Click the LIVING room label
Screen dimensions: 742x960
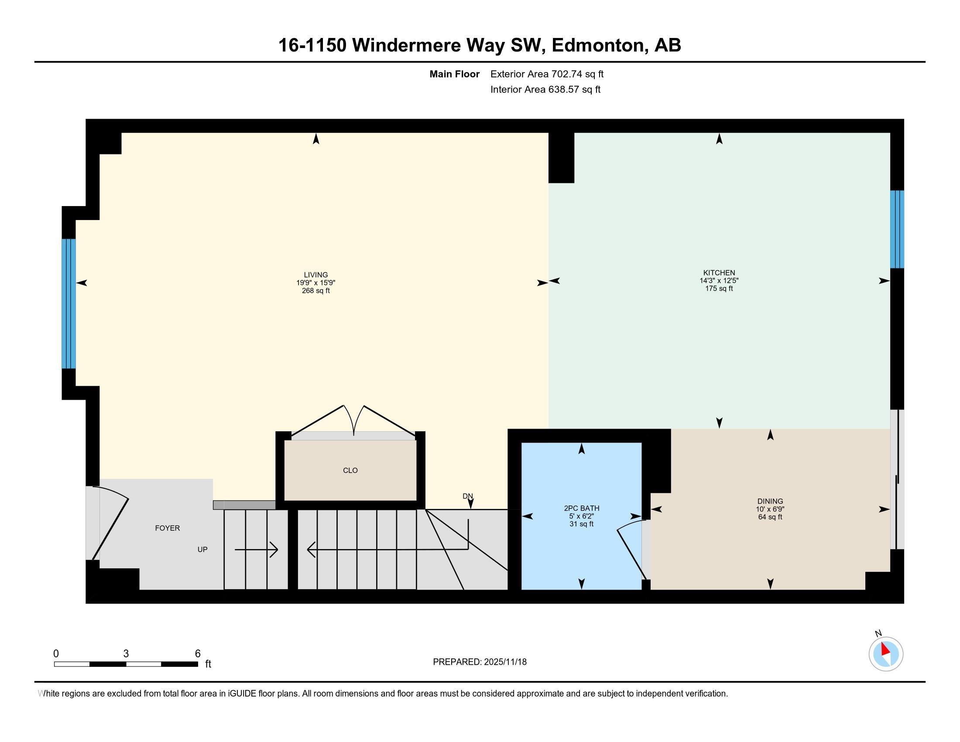click(315, 275)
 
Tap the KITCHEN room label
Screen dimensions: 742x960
click(719, 272)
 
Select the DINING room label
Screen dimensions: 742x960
click(770, 501)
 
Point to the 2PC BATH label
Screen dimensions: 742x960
click(581, 508)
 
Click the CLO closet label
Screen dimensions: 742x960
click(350, 471)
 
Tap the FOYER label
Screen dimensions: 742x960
click(167, 528)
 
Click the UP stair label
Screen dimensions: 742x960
click(202, 550)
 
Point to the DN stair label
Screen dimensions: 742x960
click(467, 496)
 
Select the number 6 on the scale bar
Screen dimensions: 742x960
click(198, 654)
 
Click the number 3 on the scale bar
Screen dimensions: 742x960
click(126, 654)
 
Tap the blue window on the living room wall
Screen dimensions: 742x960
click(69, 303)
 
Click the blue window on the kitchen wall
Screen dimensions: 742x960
click(897, 229)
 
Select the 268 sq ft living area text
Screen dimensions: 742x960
click(315, 291)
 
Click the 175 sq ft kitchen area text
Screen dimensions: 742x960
click(719, 289)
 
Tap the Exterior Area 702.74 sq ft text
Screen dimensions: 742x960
click(547, 74)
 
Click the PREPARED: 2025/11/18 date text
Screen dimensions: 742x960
click(480, 662)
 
